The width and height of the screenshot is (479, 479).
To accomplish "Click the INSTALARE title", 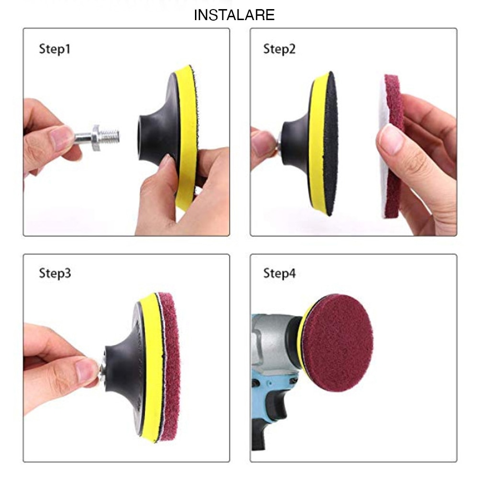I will point(234,15).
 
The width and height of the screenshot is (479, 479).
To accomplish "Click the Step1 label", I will point(54,49).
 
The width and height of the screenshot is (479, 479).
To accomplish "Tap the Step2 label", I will point(279,49).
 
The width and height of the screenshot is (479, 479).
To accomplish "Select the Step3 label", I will point(55,274).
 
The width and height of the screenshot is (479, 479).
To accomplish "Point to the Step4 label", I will point(279,274).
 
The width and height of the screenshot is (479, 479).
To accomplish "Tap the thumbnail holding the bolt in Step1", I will point(61,137).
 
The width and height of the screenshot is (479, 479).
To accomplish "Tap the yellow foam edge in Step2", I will point(316,144).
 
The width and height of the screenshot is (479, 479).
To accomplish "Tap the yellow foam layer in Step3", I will point(149,369).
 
